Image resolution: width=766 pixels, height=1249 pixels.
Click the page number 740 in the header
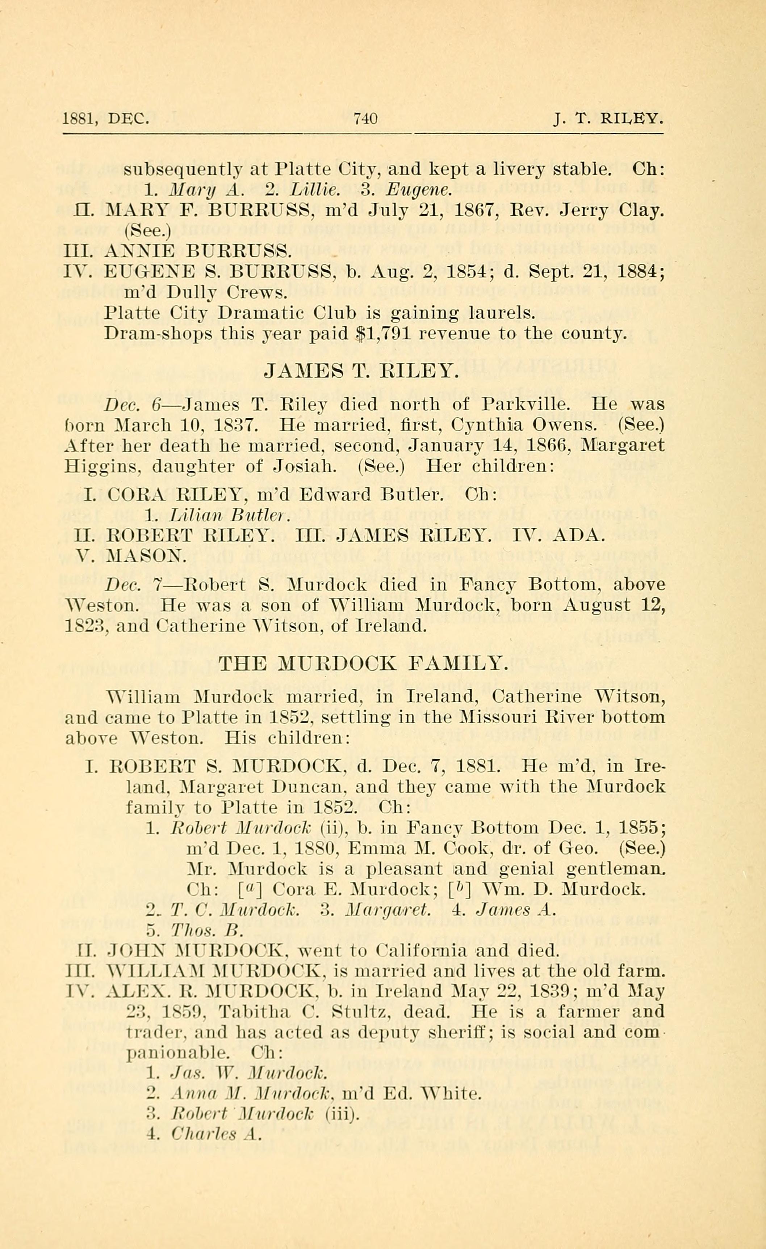(365, 119)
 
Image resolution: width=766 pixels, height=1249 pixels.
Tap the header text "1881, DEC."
(105, 119)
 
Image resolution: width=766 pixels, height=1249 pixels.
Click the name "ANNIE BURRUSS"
(198, 251)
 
